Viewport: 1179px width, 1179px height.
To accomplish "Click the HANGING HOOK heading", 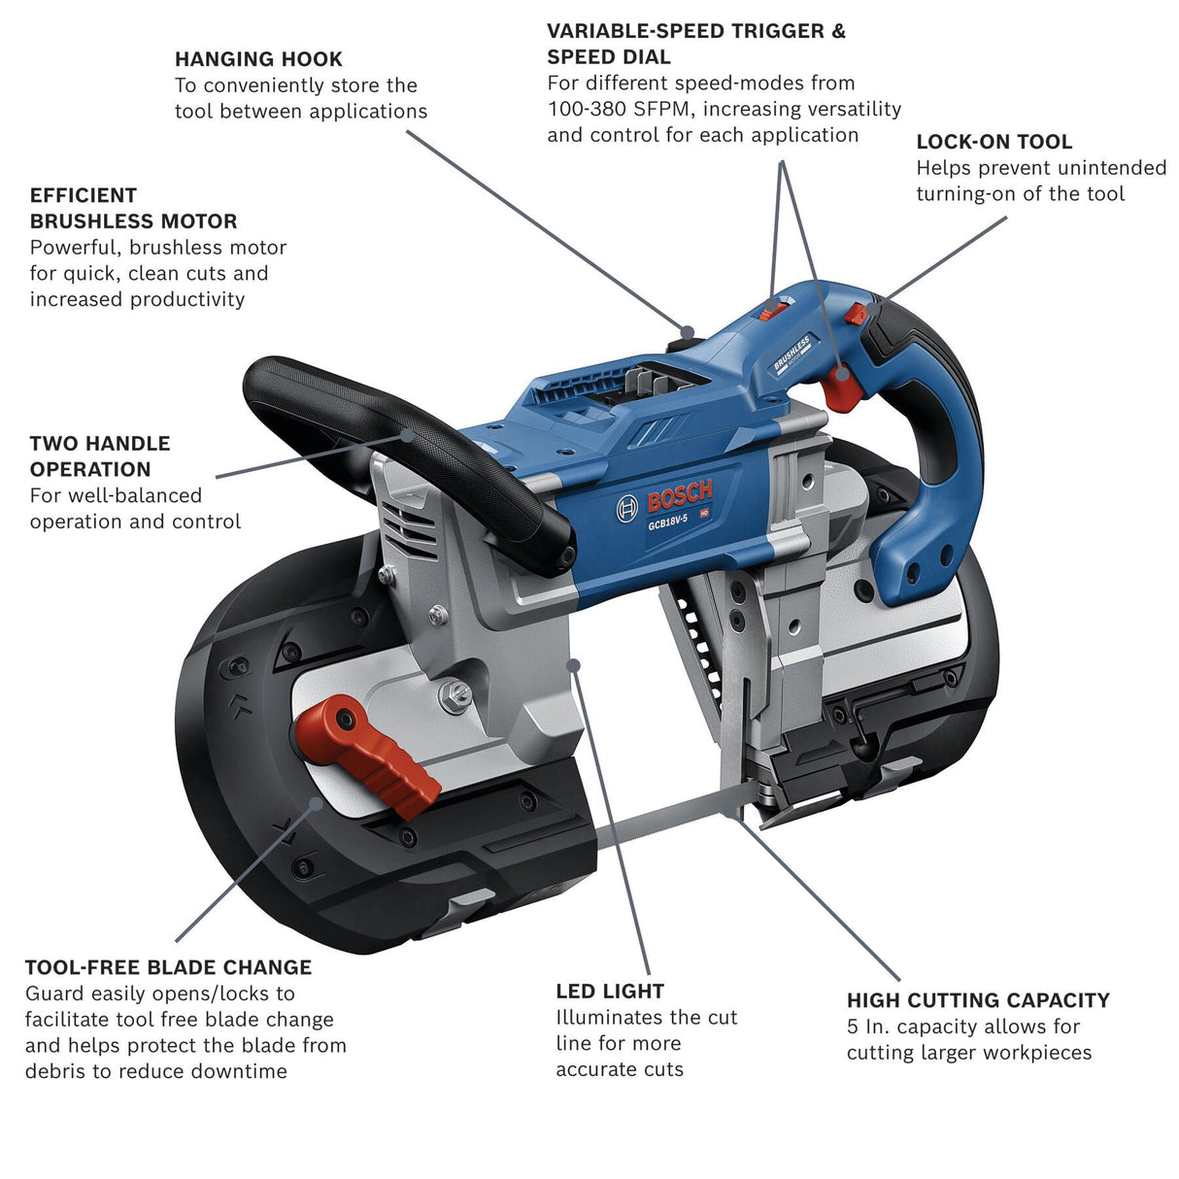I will coord(258,59).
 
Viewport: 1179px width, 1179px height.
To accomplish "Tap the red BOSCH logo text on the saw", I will coord(680,497).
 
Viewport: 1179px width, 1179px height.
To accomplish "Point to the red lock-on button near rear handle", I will coord(856,314).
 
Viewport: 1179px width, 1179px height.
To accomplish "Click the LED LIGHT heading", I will coord(610,992).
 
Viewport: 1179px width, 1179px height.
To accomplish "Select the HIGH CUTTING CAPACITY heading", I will coord(978,1000).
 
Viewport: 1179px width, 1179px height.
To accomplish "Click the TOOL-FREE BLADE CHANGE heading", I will coord(168,967).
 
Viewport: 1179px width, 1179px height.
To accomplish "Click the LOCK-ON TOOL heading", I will coord(994,142).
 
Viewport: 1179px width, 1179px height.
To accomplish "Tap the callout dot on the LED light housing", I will coord(574,665).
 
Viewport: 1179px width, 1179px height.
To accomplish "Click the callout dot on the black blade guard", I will coord(316,802).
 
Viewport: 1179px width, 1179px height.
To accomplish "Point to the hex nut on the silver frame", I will coord(454,693).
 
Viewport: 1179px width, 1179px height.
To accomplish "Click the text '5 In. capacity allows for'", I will coord(962,1027).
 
